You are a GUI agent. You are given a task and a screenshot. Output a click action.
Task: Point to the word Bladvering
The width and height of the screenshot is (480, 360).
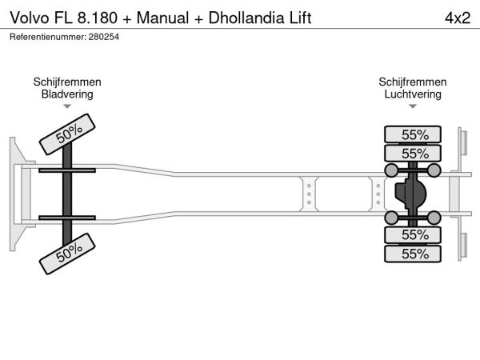click(x=67, y=94)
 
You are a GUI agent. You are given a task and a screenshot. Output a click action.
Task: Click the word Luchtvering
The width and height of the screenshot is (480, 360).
click(x=413, y=94)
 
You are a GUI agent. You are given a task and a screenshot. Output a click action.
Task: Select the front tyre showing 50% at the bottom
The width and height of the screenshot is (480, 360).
click(x=68, y=254)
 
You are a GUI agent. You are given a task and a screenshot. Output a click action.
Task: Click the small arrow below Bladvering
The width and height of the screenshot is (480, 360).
click(x=67, y=107)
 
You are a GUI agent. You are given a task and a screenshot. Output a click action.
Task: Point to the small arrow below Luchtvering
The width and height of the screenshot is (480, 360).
click(x=413, y=107)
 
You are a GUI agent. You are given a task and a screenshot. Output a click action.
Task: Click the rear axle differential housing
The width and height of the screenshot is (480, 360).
click(x=410, y=194)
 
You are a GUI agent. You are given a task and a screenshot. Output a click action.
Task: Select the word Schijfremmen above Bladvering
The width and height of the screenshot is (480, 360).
click(x=67, y=82)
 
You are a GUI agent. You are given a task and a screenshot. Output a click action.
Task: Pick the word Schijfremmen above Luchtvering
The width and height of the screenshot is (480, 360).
click(x=413, y=82)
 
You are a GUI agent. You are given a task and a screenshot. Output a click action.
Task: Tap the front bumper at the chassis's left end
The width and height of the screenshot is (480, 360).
click(x=15, y=194)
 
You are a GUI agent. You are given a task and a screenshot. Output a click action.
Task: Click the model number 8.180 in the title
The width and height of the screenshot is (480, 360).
click(x=97, y=18)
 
